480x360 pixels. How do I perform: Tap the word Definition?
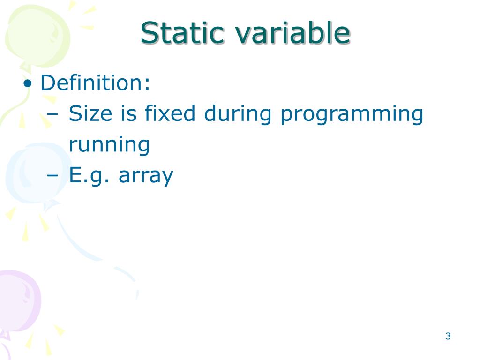[96, 83]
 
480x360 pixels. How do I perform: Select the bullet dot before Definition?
[29, 84]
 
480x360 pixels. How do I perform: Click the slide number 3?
[448, 336]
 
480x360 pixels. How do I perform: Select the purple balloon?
[19, 300]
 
